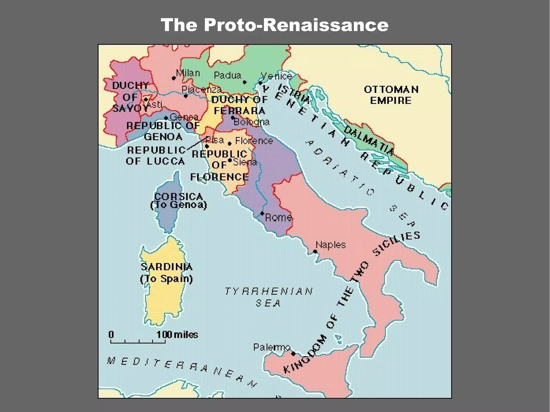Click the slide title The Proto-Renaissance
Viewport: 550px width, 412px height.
274,25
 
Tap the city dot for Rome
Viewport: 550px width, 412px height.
262,213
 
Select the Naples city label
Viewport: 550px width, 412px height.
331,245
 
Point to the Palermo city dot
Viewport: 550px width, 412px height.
293,354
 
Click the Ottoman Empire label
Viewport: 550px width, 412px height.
391,95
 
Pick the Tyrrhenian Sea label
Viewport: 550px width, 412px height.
269,297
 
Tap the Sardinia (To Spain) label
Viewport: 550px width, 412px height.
167,273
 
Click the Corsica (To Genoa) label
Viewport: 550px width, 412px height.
179,201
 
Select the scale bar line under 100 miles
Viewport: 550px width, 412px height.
138,343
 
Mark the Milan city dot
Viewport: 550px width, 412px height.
174,78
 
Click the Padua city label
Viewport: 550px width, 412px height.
227,75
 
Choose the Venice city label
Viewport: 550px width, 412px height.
276,76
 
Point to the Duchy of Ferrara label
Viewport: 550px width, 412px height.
239,105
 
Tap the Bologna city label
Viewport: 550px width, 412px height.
252,122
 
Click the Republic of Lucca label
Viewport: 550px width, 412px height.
156,156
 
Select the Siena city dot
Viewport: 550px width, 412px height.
230,160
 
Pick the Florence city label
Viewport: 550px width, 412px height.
254,141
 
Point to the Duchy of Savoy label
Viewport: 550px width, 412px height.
130,97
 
